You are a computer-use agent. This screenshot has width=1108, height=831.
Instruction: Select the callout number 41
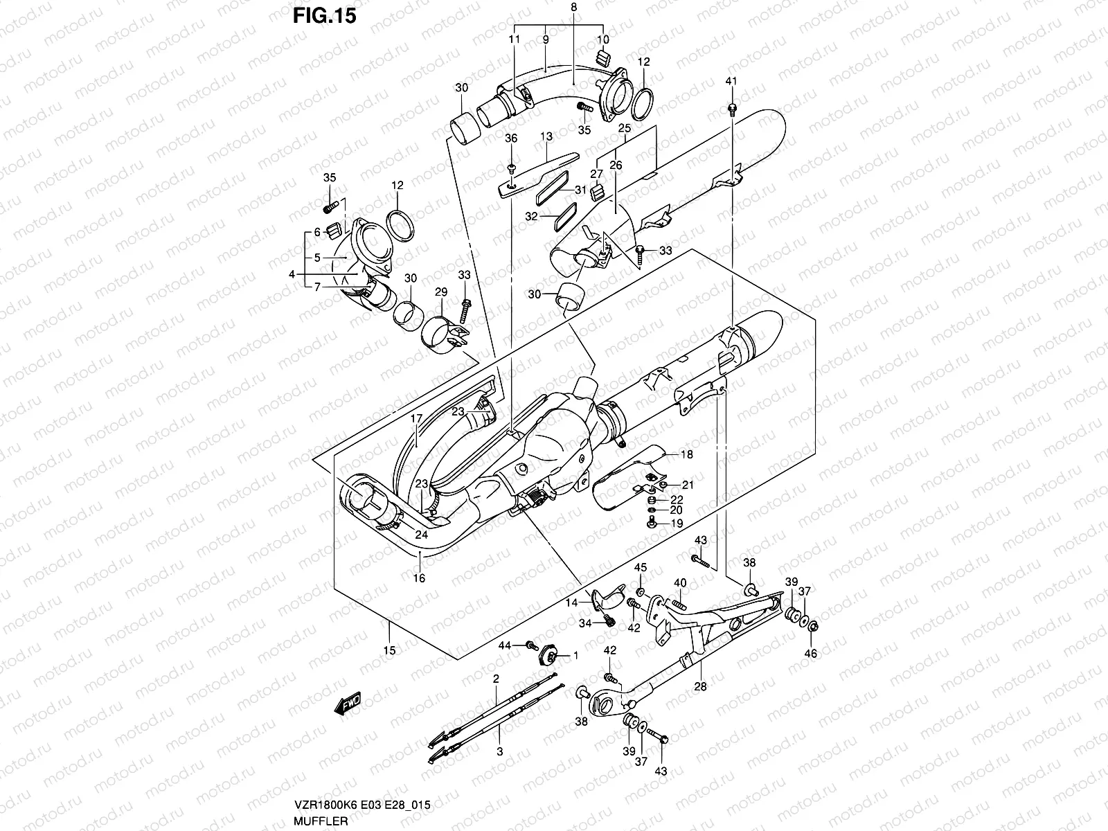(x=731, y=82)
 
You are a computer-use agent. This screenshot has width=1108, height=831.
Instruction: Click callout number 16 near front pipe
(x=419, y=578)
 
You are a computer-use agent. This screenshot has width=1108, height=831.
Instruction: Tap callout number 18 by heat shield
(x=686, y=455)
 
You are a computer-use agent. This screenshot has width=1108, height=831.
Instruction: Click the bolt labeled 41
(x=732, y=108)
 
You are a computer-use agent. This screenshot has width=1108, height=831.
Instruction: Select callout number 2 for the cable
(x=496, y=679)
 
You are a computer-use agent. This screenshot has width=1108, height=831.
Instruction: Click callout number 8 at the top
(x=573, y=8)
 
